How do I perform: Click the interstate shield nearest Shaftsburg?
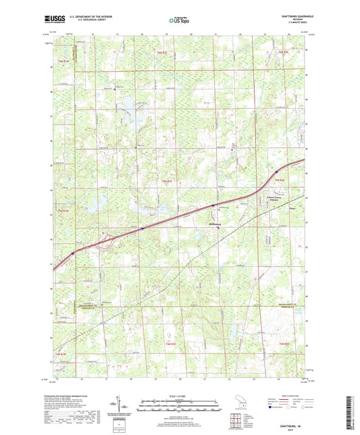213,205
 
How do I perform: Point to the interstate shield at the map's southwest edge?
73,254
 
